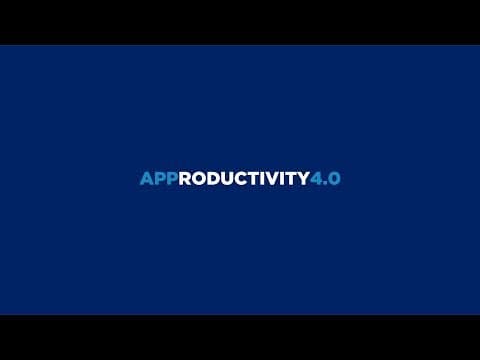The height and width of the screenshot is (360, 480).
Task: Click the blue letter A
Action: [147, 179]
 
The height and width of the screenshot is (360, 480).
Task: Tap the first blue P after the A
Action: [160, 179]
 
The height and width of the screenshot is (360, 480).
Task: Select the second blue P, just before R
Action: [172, 179]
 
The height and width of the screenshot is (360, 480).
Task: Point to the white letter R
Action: [184, 179]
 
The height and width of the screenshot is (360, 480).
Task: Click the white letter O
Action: [197, 179]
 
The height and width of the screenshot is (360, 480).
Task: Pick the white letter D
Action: [212, 179]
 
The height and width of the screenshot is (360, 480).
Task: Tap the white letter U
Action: [225, 179]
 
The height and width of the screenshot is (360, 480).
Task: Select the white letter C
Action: [238, 179]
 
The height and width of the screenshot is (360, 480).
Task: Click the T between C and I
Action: [250, 179]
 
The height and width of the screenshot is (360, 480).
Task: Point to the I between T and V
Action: [259, 179]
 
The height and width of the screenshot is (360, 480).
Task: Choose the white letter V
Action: [268, 179]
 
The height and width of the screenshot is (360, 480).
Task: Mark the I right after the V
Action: [278, 179]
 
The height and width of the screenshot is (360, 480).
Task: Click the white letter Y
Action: [301, 179]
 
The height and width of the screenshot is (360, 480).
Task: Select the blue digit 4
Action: [315, 179]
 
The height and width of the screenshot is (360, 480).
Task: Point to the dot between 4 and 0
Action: [324, 183]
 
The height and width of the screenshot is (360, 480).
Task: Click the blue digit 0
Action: [334, 179]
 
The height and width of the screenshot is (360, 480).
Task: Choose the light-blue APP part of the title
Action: [159, 179]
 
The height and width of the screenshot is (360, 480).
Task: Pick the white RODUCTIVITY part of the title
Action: [243, 179]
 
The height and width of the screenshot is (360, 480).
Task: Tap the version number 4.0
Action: [325, 179]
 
